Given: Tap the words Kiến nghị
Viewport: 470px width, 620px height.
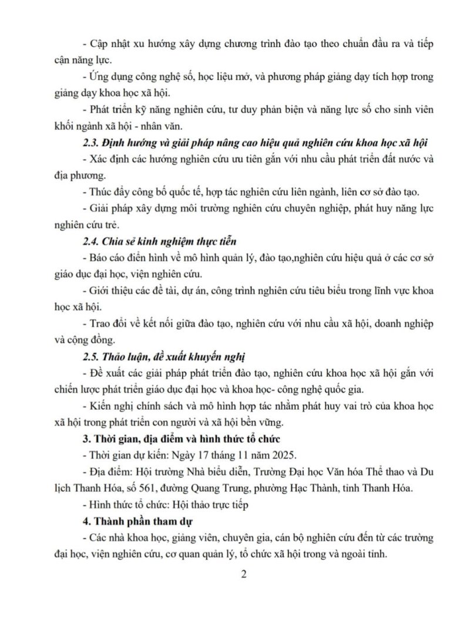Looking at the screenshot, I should (112, 406).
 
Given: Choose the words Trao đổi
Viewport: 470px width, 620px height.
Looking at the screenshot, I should (109, 324).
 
